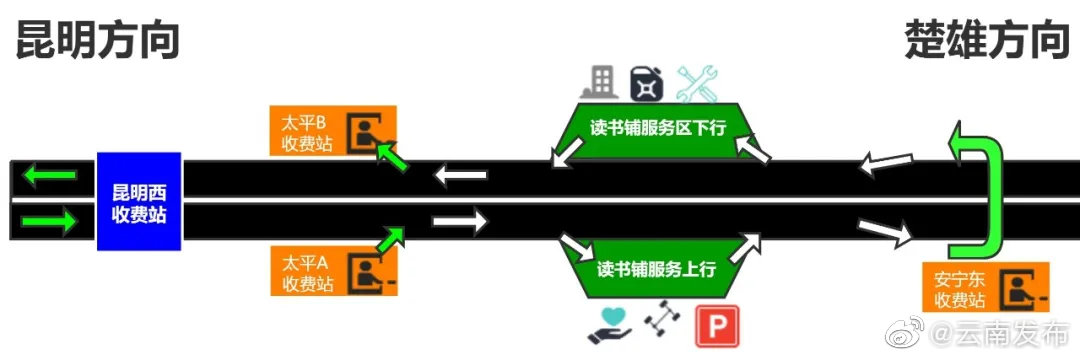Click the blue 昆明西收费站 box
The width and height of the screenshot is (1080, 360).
click(139, 201)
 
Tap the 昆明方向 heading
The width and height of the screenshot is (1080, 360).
click(97, 42)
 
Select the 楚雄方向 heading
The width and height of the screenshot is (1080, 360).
click(986, 42)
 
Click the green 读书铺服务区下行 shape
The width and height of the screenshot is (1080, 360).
click(657, 129)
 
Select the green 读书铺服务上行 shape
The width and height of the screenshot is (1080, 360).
click(657, 269)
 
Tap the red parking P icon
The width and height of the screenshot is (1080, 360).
click(717, 326)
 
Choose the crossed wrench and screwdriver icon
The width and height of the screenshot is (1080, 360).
click(698, 83)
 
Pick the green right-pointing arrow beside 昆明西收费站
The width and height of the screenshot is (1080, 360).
click(50, 221)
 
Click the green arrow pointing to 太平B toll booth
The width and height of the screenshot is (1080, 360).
click(393, 157)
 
